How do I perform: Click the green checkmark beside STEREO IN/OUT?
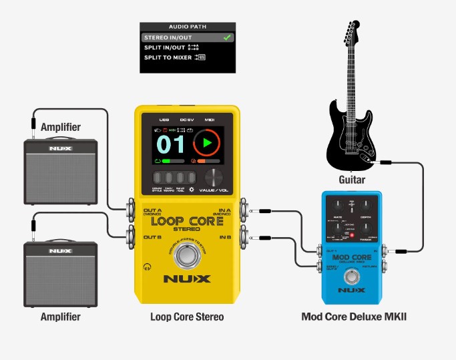point(227,37)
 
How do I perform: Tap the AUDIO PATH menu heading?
point(188,27)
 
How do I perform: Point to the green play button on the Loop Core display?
point(206,144)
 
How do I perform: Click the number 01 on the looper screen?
point(170,144)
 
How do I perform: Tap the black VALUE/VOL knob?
point(214,177)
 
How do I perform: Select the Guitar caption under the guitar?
point(352,180)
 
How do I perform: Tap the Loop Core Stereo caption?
point(187,316)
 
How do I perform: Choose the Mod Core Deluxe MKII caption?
point(354,316)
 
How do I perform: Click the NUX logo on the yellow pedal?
point(188,279)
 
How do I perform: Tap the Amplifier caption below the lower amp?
point(61,316)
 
